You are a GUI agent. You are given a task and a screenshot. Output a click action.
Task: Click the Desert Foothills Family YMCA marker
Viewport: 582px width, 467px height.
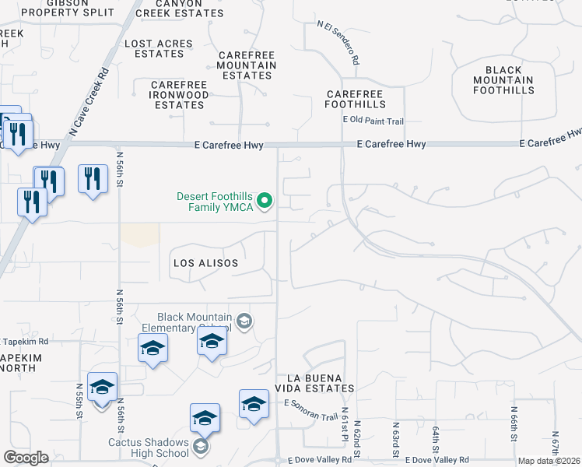(265, 202)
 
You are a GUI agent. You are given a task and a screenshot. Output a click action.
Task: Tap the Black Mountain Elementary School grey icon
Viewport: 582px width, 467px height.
(244, 322)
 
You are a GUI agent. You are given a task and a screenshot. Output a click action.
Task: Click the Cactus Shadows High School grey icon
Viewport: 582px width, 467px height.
(201, 447)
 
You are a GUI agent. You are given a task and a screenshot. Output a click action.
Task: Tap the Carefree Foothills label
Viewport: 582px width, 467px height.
(356, 98)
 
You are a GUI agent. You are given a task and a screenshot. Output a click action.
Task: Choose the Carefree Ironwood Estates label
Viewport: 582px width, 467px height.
(178, 94)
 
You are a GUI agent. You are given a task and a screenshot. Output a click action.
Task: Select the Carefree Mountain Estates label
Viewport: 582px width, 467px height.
(246, 65)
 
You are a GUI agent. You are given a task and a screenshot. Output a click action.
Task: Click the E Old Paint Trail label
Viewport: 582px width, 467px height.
(373, 121)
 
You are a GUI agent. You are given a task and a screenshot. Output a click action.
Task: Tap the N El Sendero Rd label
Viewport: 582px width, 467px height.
(338, 43)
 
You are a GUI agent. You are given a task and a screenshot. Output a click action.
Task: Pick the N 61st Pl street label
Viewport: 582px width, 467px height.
(345, 423)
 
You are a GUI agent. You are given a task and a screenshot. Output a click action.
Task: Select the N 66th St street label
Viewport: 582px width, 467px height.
(514, 421)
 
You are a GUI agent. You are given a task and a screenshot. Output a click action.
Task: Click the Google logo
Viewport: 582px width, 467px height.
(26, 458)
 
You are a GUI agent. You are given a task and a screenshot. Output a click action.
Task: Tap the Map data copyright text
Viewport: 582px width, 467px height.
(549, 461)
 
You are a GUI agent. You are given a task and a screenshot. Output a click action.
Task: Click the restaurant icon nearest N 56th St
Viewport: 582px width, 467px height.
(93, 179)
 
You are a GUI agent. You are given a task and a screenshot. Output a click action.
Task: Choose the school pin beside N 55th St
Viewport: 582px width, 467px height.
(102, 388)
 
